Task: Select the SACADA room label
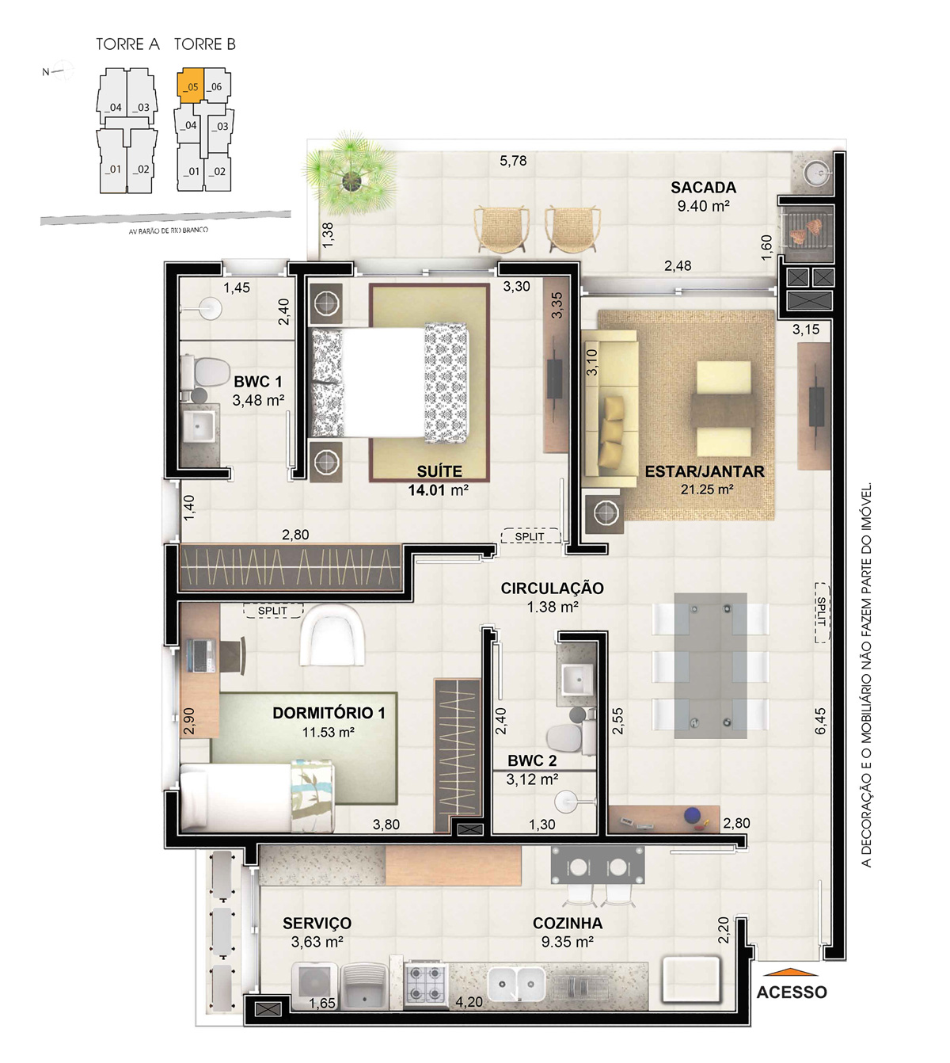704,187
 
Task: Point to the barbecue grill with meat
806,231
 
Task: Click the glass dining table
710,666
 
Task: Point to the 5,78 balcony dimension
512,161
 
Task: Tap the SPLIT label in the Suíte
530,536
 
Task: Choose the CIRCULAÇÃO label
552,589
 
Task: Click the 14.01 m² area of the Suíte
438,490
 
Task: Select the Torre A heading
127,44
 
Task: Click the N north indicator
46,72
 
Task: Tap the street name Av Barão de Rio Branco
169,231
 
